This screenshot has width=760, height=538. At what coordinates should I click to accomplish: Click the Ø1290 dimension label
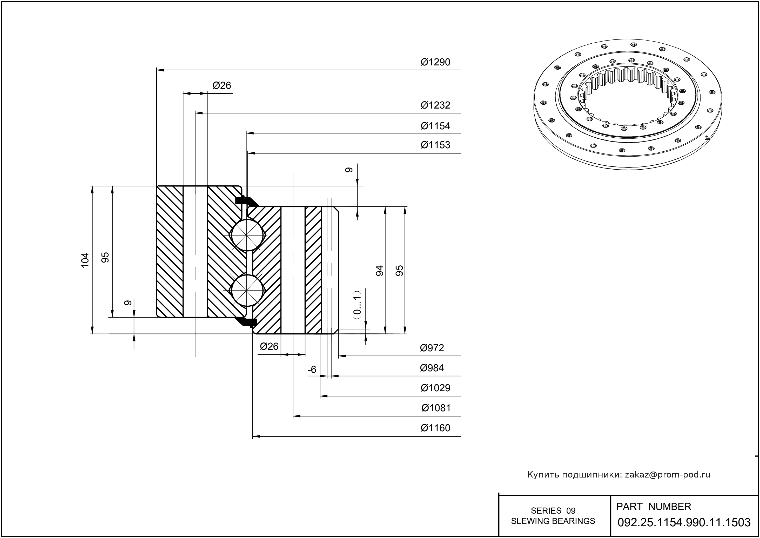[435, 62]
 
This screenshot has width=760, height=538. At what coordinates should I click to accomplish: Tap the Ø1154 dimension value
[435, 126]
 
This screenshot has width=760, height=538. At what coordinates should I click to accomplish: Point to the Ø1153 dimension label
[435, 145]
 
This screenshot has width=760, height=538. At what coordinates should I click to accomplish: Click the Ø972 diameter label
[432, 348]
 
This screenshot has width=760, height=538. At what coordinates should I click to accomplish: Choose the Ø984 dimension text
[432, 368]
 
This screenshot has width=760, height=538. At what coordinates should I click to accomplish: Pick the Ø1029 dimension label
[435, 388]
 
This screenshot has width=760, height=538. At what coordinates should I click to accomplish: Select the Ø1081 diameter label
[436, 408]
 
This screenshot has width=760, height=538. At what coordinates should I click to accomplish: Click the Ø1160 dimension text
[435, 428]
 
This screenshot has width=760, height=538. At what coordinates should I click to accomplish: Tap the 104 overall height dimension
[85, 260]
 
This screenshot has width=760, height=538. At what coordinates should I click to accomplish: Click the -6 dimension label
[312, 370]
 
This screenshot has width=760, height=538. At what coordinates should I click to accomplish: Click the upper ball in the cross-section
[247, 235]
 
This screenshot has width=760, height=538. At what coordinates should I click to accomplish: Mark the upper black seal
[247, 201]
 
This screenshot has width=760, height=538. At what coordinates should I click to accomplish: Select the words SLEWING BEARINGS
[553, 521]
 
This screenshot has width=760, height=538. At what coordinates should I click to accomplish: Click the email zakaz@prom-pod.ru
[668, 475]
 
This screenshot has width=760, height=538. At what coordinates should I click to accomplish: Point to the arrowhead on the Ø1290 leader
[160, 70]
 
